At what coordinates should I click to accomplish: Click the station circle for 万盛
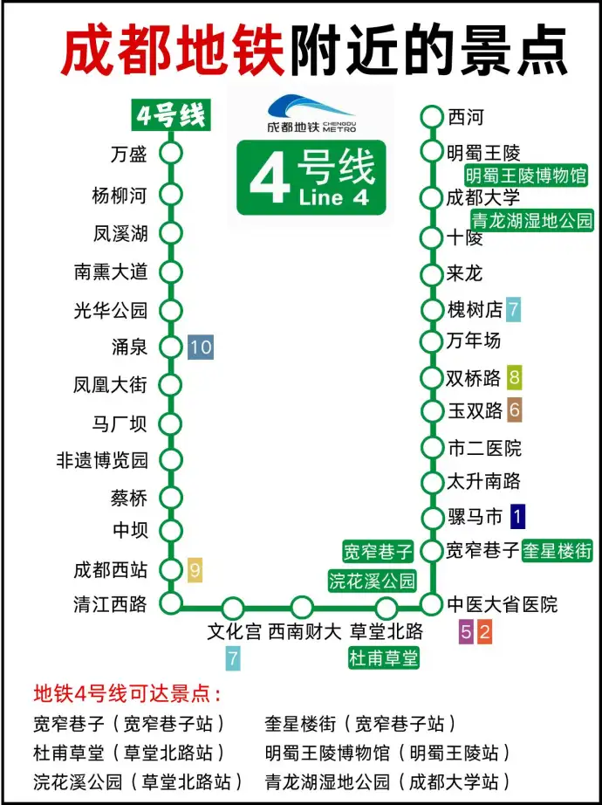[172, 154]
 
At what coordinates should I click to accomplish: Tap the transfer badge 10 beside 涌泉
[201, 347]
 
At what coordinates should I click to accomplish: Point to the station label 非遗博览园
[102, 460]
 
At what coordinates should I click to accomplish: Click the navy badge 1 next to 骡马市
[517, 517]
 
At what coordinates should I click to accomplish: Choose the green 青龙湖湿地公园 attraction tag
[531, 219]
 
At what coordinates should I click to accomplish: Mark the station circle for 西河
[432, 116]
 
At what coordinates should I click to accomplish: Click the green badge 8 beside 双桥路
[515, 378]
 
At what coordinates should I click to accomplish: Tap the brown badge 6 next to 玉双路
[515, 409]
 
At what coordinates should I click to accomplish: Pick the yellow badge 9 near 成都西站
[195, 571]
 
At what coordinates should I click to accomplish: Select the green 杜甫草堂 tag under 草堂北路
[384, 657]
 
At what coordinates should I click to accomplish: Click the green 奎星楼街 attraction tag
[557, 551]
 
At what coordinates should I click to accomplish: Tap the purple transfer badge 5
[467, 633]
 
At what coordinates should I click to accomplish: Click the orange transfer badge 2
[485, 633]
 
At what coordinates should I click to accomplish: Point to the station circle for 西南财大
[302, 607]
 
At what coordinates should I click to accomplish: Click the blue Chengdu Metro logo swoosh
[310, 107]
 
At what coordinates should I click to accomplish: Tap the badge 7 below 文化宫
[233, 657]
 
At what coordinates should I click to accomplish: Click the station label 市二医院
[484, 448]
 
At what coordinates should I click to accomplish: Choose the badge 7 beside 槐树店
[514, 308]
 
